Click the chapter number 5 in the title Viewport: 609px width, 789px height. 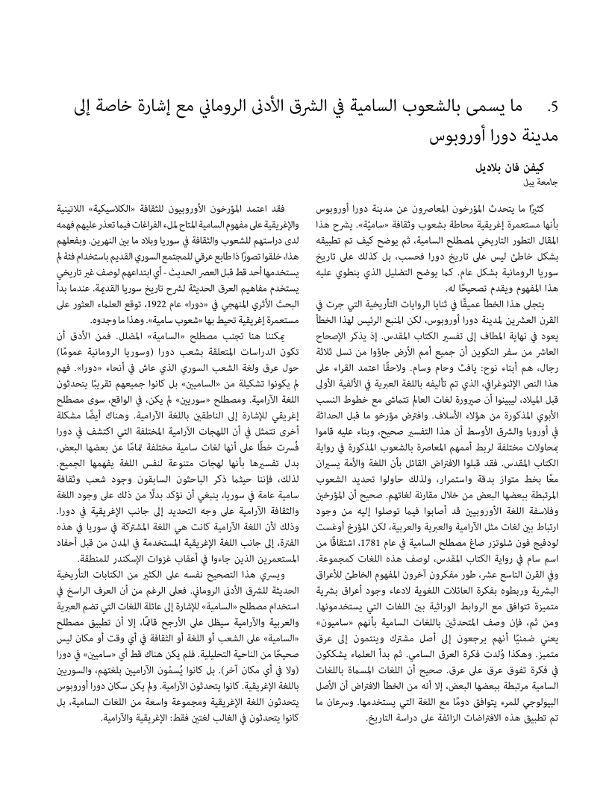553,109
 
